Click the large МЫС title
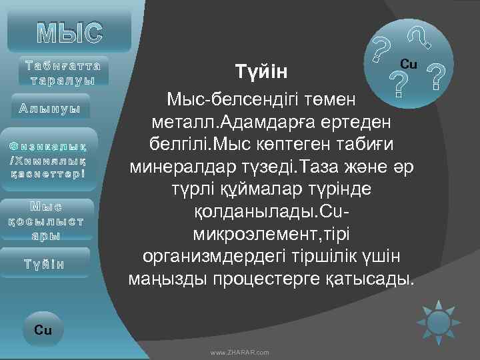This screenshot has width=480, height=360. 70,31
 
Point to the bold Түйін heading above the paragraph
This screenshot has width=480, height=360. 261,70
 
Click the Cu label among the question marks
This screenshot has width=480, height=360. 408,64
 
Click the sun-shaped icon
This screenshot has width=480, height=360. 439,321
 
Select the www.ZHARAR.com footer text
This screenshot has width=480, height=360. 240,351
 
